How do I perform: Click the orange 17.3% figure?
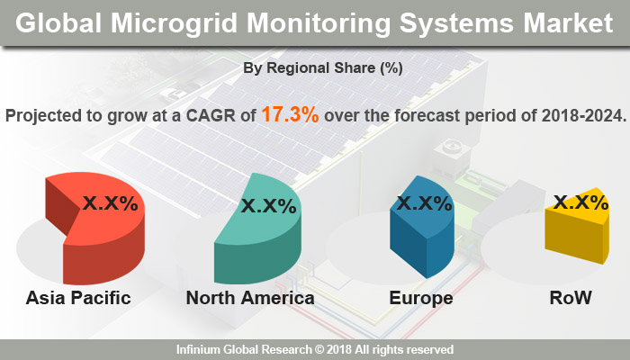[x=292, y=115]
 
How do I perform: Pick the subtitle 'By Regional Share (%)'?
[x=314, y=67]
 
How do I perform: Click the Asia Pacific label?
[x=78, y=298]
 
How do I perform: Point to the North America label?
[x=250, y=298]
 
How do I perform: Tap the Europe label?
[x=419, y=298]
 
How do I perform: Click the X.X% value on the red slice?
[x=111, y=203]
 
